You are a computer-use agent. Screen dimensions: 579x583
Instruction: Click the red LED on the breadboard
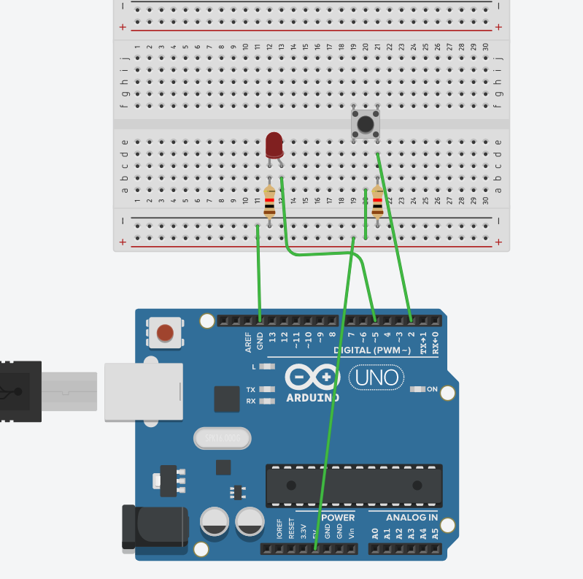coord(274,145)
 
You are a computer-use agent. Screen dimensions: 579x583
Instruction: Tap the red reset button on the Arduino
coord(166,332)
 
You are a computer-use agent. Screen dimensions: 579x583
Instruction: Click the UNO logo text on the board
coord(377,377)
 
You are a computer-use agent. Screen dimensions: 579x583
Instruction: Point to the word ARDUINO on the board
coord(312,398)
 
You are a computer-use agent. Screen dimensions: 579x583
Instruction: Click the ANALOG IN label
coord(412,518)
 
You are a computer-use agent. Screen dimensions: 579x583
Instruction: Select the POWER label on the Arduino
coord(337,518)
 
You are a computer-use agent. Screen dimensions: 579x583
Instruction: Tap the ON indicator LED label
coord(432,389)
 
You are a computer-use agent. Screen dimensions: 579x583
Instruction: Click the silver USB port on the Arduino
coord(143,391)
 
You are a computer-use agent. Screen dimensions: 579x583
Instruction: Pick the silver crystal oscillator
coord(223,438)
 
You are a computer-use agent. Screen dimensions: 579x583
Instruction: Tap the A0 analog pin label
coord(375,533)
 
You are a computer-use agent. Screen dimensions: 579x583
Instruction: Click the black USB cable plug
coord(20,391)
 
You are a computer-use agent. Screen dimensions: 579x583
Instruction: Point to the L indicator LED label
coord(255,367)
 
